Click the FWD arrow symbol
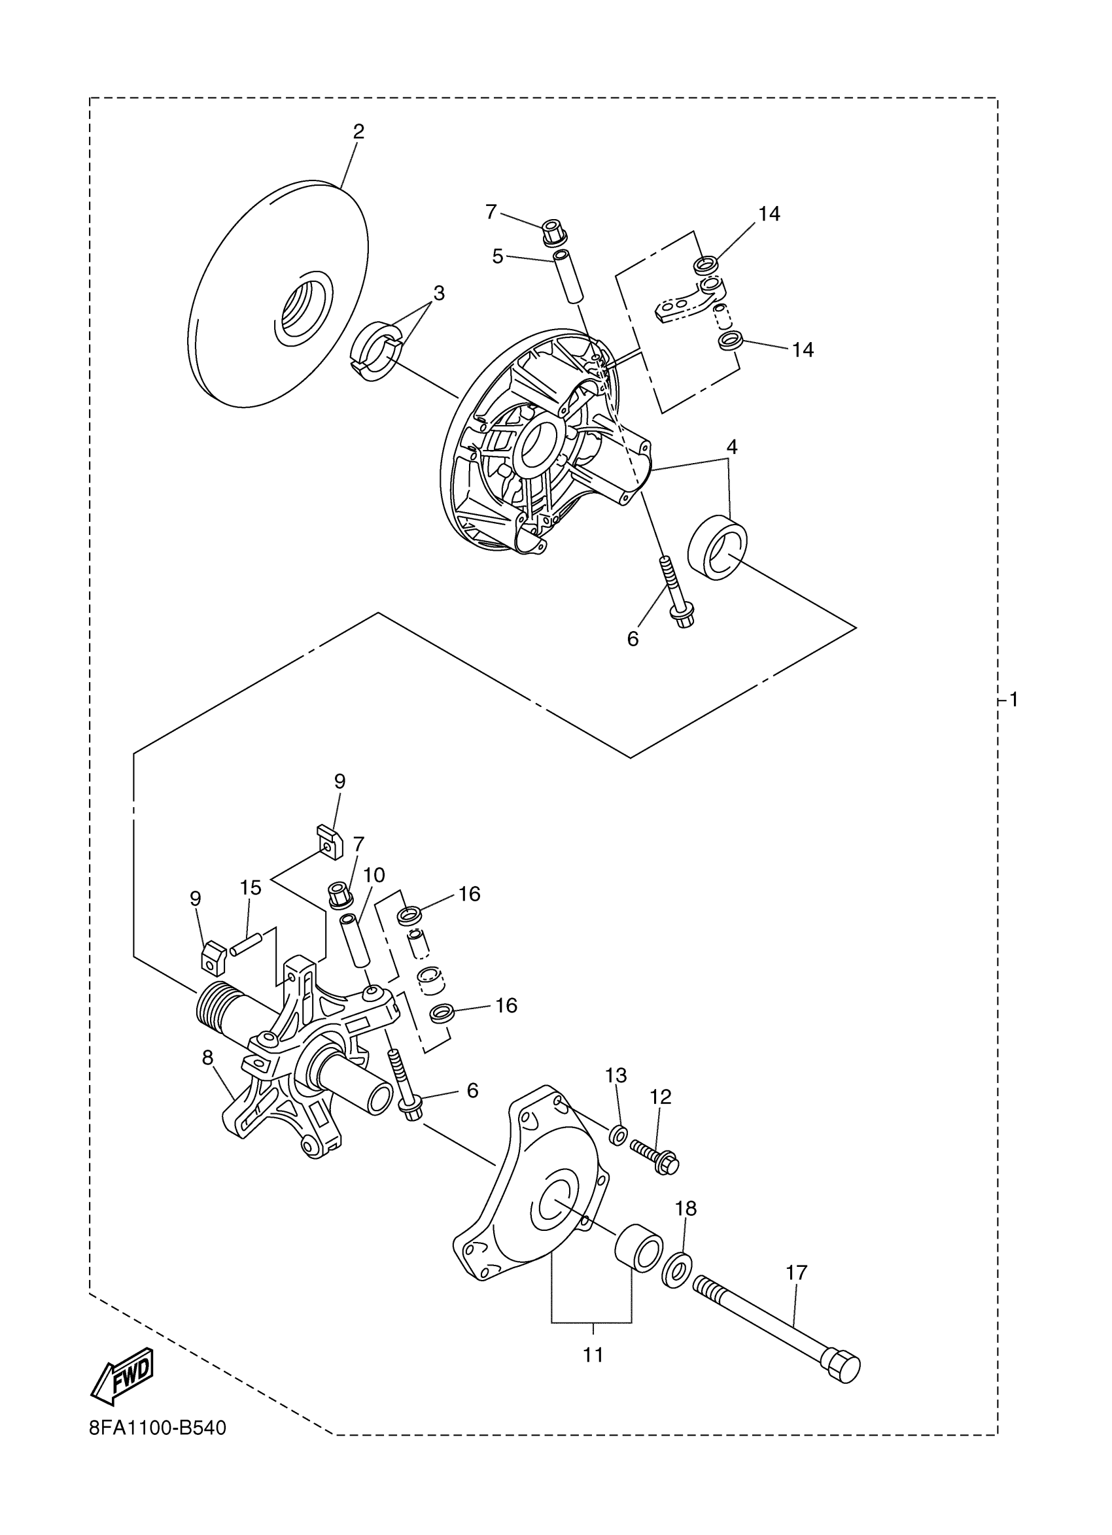[x=122, y=1373]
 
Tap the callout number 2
[x=358, y=131]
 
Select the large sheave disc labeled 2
[x=277, y=295]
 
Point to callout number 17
[x=797, y=1272]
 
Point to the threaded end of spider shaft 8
[x=210, y=1010]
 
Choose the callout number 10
[x=374, y=875]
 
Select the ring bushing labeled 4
[x=718, y=547]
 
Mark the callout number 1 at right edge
[x=1013, y=699]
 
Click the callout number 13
[x=616, y=1075]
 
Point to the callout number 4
[x=732, y=447]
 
